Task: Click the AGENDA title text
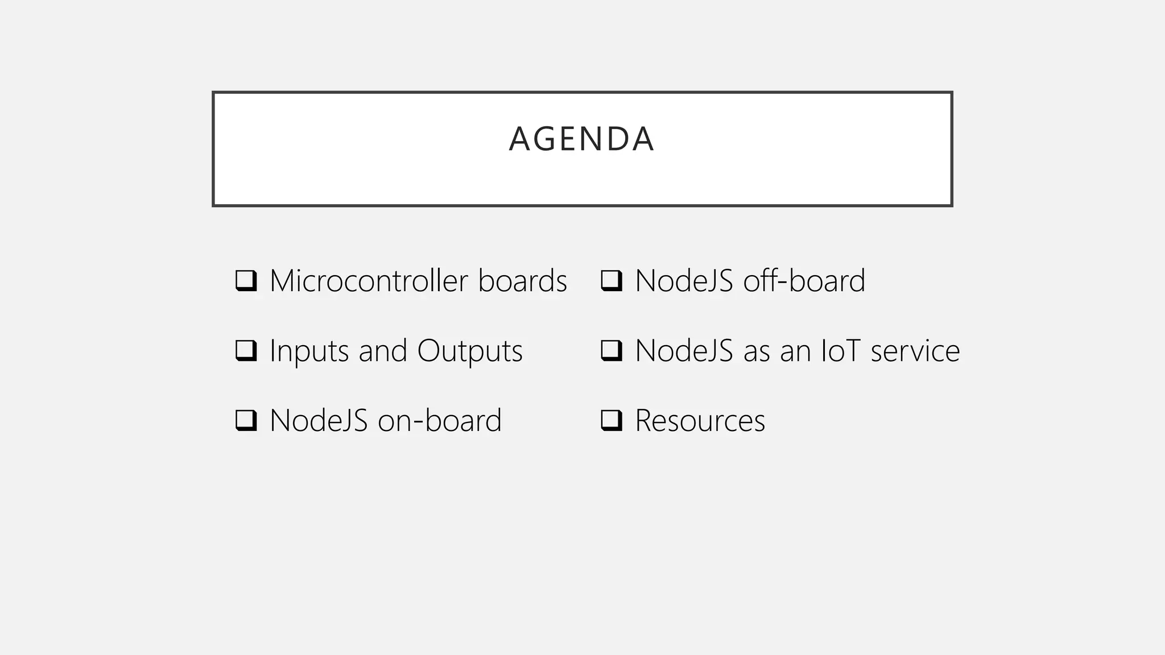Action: point(581,139)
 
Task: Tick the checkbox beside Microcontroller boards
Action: point(246,281)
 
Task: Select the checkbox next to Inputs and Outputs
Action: point(246,351)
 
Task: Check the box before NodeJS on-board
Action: point(246,421)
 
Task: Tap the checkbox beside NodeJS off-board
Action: point(611,281)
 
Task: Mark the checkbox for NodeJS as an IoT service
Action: point(611,351)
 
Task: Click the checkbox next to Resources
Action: point(611,421)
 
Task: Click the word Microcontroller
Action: point(369,281)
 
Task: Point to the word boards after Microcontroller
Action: point(522,281)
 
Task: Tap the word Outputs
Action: point(469,351)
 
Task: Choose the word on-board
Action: point(439,421)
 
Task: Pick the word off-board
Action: point(804,281)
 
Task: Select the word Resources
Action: point(700,421)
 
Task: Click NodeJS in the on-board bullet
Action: point(319,421)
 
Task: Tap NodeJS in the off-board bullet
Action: point(684,281)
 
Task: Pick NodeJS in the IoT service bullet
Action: point(684,351)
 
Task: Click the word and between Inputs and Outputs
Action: point(382,351)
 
